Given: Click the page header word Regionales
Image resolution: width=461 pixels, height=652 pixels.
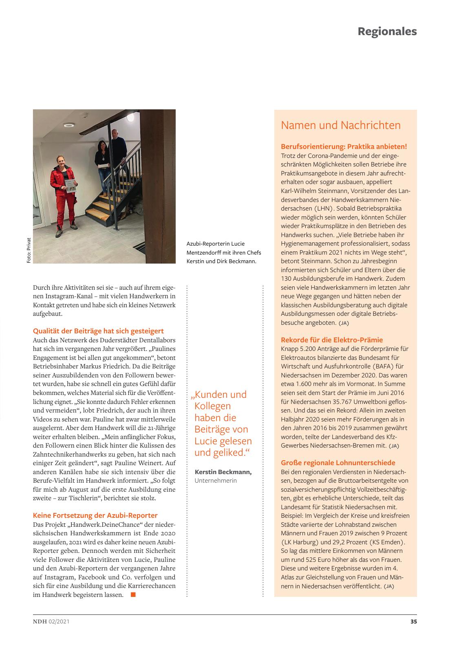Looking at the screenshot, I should [387, 31].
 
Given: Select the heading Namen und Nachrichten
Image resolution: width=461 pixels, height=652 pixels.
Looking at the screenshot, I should [341, 125].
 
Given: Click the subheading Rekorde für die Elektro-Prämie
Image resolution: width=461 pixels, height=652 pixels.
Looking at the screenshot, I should [332, 340].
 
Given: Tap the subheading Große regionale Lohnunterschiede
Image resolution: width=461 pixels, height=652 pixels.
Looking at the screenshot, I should [338, 463].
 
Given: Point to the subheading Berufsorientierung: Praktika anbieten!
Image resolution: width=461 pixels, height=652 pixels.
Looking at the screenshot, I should [344, 146].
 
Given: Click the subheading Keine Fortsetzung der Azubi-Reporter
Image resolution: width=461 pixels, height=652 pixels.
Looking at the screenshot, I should [95, 515].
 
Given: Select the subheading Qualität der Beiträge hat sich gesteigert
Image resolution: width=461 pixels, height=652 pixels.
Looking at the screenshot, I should [98, 331].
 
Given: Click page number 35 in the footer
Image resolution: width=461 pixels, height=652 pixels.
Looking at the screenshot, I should [413, 622].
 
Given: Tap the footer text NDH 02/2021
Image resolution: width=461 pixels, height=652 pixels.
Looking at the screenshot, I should [51, 622].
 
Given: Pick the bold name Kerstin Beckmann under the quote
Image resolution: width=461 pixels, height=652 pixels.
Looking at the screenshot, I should [223, 472].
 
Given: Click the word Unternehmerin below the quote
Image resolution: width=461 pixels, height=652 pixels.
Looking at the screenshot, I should [216, 481].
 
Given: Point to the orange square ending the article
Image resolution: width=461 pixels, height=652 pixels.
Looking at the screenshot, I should [133, 595].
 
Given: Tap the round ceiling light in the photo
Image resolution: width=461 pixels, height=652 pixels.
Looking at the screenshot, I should [68, 125].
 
